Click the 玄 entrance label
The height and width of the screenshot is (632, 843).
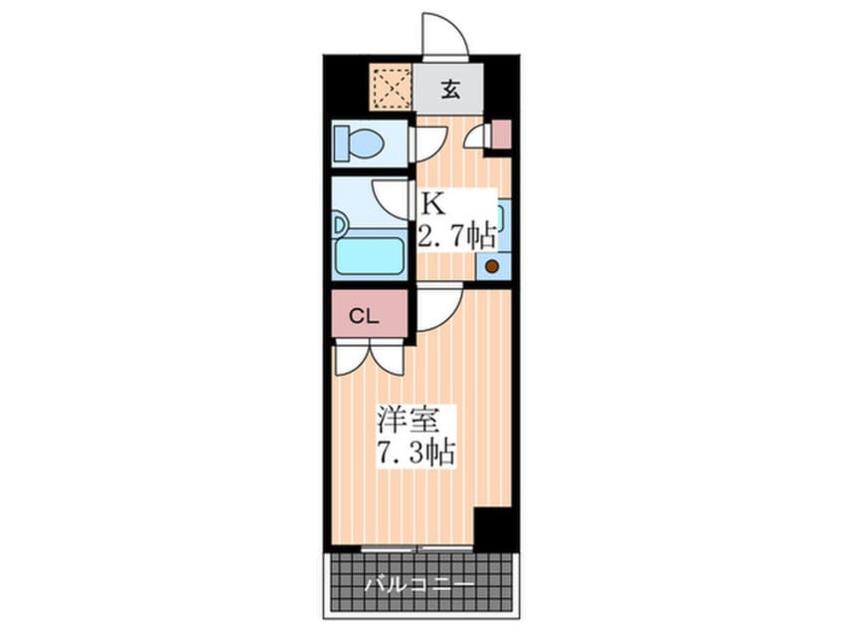click(449, 91)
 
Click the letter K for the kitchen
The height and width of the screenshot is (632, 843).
click(430, 204)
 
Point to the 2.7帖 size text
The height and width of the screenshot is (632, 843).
click(456, 237)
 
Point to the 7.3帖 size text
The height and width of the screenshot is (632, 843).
click(416, 454)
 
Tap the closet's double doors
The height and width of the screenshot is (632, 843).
click(369, 356)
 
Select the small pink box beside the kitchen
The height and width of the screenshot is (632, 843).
click(501, 134)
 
